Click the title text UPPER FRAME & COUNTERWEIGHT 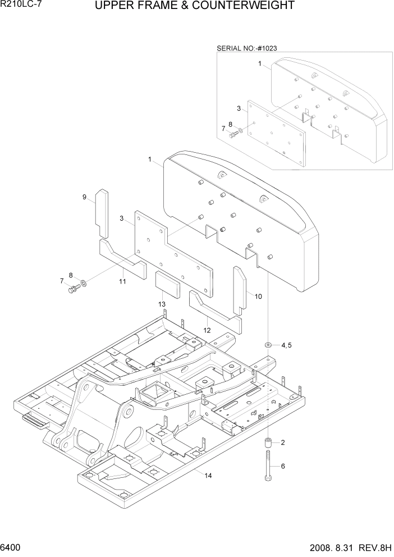(195, 6)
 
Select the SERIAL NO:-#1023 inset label (247, 48)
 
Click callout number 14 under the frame (208, 476)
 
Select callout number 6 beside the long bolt (283, 466)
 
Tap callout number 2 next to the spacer (283, 442)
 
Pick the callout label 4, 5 (286, 345)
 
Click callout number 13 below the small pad (162, 304)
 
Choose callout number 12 (207, 330)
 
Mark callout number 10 (258, 296)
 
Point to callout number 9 (84, 197)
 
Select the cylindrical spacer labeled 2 (268, 443)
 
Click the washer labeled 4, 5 (269, 344)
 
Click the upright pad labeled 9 (102, 213)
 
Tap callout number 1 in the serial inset (260, 64)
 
